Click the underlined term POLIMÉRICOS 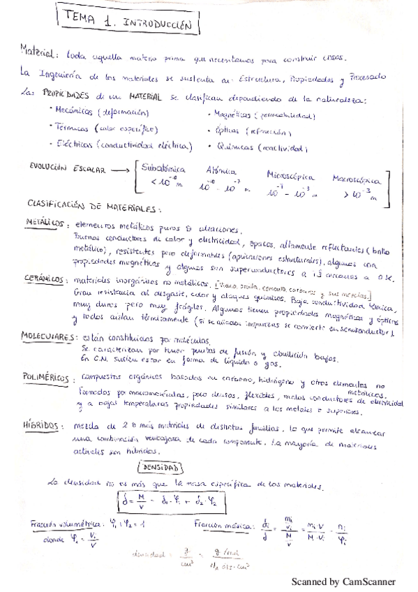[x=48, y=377]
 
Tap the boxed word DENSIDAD [x=161, y=467]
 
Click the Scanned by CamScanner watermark [x=343, y=581]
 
